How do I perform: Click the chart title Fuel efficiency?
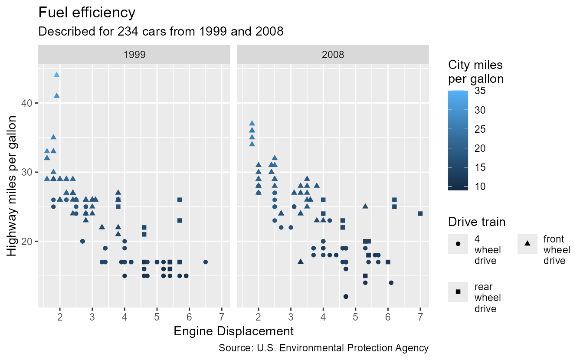(87, 13)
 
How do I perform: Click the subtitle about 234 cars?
(160, 31)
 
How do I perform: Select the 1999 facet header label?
(134, 55)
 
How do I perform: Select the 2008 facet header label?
(333, 55)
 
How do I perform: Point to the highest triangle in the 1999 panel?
(57, 75)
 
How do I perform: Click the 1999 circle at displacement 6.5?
(206, 262)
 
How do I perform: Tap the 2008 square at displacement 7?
(420, 213)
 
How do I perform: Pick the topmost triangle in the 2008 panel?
(252, 123)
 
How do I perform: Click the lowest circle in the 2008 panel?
(346, 297)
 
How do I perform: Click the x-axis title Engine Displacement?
(233, 331)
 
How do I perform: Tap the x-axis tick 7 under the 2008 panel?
(420, 317)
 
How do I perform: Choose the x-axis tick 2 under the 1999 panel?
(60, 317)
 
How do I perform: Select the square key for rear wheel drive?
(458, 291)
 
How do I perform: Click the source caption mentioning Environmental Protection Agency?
(324, 348)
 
